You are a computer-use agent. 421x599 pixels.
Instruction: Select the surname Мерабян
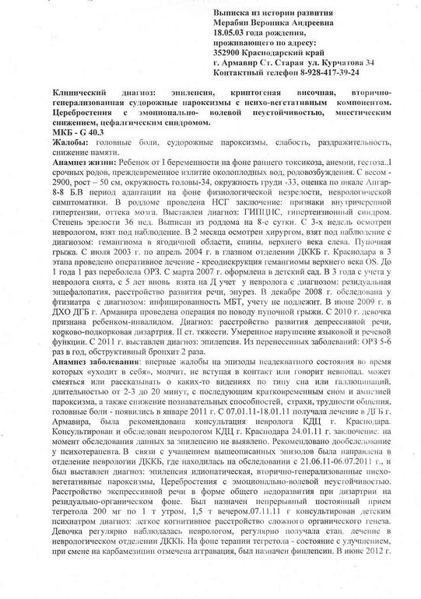(x=237, y=25)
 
